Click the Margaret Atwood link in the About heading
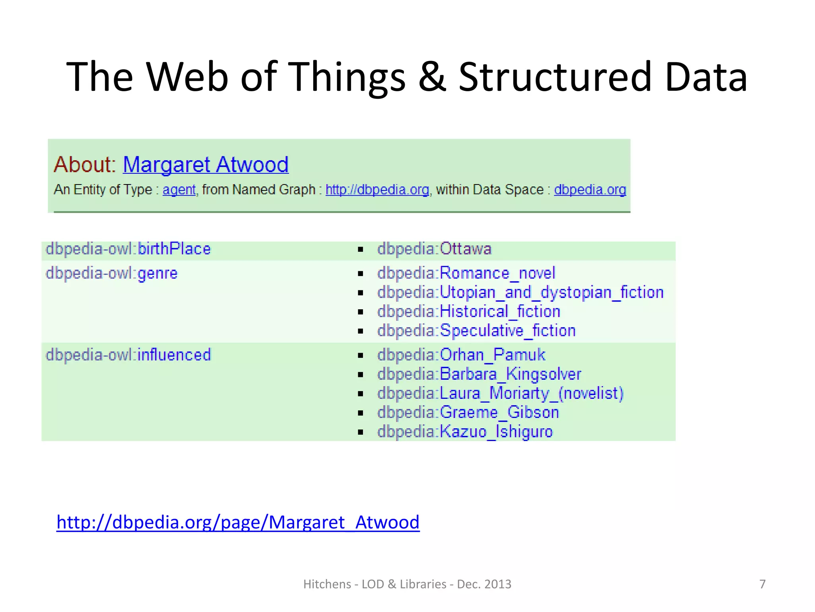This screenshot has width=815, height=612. pos(205,165)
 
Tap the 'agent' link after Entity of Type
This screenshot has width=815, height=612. pos(179,190)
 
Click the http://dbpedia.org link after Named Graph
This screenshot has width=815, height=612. pos(377,190)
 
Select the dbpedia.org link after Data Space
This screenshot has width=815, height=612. pos(590,190)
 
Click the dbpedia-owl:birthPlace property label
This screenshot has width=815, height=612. pos(128,249)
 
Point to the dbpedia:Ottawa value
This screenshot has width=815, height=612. pos(434,249)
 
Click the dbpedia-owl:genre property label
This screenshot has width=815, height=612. pos(112,273)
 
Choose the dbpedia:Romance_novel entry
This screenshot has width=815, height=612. pos(466,273)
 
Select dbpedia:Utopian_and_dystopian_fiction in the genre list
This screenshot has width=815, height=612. pos(520,292)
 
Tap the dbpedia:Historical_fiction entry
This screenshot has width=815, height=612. pos(468,312)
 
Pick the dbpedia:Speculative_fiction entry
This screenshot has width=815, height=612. pos(476,331)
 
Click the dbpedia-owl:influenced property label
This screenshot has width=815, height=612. pos(128,355)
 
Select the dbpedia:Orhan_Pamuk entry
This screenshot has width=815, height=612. pos(461,355)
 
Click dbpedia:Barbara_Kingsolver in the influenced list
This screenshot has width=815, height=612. pos(479,374)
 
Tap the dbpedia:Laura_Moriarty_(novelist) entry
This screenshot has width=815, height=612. pos(500,393)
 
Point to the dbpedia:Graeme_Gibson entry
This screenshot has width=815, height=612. pos(468,412)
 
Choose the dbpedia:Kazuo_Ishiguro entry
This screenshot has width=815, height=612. pos(465,432)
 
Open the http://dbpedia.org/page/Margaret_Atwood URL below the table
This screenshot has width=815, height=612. pos(238,522)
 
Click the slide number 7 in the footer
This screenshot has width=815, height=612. pos(762,584)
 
